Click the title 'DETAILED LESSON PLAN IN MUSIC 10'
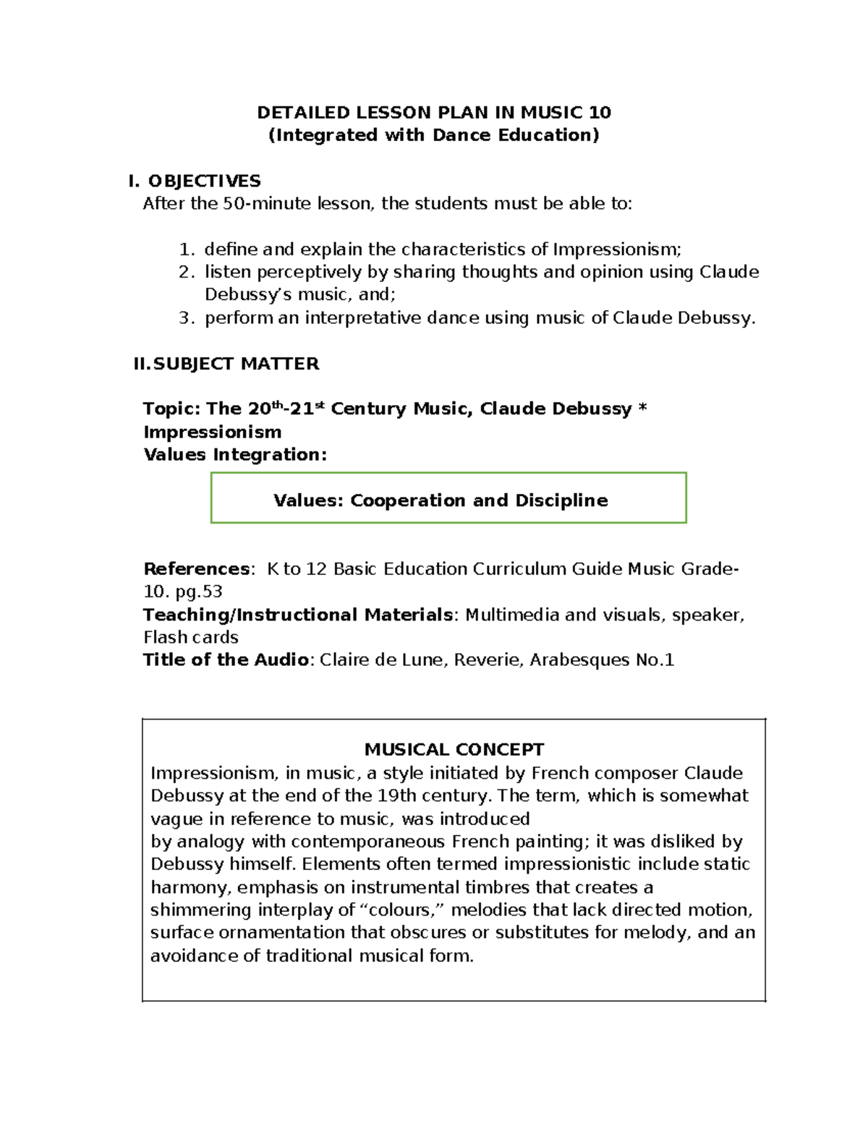(434, 112)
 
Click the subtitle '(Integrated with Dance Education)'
(434, 135)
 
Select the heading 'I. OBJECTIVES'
(194, 181)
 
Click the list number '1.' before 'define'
(187, 249)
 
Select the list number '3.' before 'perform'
(187, 317)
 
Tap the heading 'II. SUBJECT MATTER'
(226, 364)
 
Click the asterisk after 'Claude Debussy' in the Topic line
(642, 409)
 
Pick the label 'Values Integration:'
(235, 455)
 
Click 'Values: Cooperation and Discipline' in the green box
(441, 500)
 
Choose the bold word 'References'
(197, 569)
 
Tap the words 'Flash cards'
(190, 637)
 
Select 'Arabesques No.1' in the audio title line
(602, 659)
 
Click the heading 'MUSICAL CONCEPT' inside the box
(454, 749)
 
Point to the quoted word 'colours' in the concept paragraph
(399, 910)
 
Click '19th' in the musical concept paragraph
(396, 795)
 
